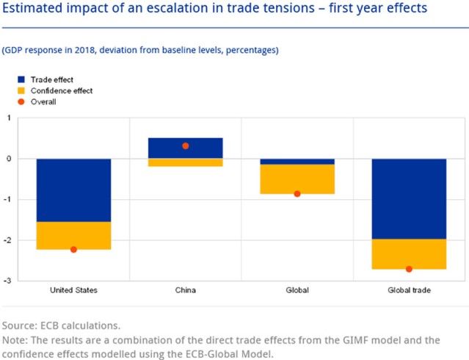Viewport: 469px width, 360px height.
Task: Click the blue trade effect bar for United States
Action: click(73, 190)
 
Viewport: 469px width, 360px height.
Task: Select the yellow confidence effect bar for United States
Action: click(73, 235)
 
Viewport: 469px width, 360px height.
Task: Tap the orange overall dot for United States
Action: click(73, 250)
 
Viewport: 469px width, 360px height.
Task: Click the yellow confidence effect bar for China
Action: click(185, 162)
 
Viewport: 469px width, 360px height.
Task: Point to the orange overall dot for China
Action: click(185, 146)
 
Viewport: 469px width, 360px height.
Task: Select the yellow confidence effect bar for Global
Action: click(297, 179)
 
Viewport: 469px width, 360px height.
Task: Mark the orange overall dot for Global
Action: click(297, 194)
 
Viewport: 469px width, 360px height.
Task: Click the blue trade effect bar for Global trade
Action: click(409, 198)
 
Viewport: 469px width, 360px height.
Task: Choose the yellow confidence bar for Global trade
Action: click(409, 253)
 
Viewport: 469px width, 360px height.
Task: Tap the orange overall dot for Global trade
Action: click(409, 269)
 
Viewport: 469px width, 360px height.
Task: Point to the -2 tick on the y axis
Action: click(7, 240)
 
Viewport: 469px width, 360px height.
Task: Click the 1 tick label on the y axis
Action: click(8, 118)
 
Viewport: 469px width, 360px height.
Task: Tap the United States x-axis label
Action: click(73, 290)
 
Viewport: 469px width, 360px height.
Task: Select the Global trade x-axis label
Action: click(409, 290)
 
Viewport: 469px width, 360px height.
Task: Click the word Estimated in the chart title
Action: click(34, 11)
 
